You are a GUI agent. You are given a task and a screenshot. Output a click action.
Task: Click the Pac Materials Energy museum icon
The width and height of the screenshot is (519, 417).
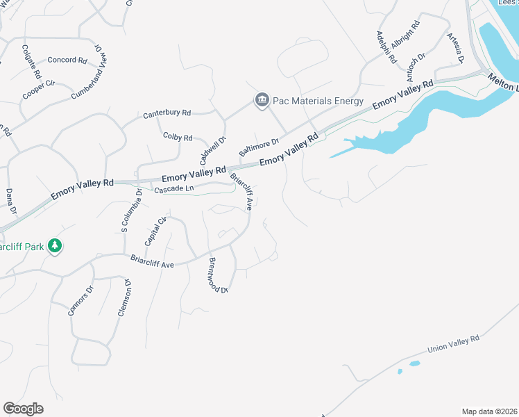tap(262, 101)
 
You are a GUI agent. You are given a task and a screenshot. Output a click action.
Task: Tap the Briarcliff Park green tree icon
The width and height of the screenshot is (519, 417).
tap(56, 246)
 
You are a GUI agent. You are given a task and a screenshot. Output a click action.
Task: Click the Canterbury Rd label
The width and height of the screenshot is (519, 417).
tap(167, 113)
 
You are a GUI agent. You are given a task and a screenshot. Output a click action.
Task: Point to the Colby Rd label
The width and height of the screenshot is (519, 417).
tap(178, 137)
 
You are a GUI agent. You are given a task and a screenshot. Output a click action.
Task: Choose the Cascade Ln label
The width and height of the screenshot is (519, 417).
tap(173, 189)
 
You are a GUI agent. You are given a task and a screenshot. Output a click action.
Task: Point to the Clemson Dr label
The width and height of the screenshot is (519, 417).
tap(124, 298)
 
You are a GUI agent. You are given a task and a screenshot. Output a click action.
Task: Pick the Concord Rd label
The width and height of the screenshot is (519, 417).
tap(67, 60)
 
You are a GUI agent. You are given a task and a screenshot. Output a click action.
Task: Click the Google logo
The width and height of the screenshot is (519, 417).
tap(23, 409)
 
